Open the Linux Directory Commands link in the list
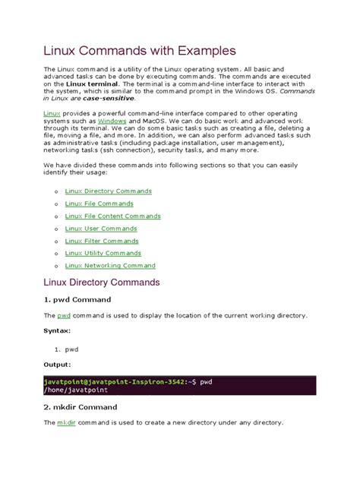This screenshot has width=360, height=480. click(x=109, y=191)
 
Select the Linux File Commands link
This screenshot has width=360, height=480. click(x=99, y=204)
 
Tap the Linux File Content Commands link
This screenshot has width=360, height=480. click(x=112, y=216)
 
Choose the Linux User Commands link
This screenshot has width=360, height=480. click(x=100, y=229)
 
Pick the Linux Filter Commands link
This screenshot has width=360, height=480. click(x=102, y=241)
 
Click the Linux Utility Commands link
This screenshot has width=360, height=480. click(x=103, y=253)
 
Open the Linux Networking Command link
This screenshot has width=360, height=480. click(x=110, y=266)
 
